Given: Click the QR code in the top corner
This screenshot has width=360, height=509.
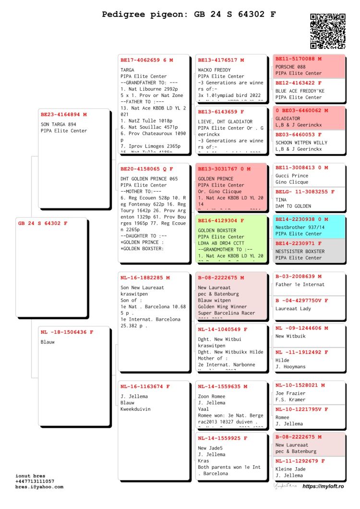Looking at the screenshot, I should coord(328,31).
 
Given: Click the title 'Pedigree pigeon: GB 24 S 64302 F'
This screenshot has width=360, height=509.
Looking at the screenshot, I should coord(189,14).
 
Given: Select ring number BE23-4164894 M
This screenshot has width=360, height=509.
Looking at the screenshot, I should coord(64,115).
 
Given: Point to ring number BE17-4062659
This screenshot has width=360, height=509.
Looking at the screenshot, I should coord(140,61).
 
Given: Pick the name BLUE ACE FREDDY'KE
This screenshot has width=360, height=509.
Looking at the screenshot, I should coord(300,91).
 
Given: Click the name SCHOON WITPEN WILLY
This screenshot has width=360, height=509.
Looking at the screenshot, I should coord(301,143).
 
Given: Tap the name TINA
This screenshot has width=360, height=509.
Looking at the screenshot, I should coord(281,200).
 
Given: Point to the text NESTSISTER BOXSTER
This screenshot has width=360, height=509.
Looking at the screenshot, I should coord(300,252).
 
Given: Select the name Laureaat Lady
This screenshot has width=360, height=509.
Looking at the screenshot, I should coord(293,309).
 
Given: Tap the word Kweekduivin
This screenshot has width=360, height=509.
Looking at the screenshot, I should coord(135,409).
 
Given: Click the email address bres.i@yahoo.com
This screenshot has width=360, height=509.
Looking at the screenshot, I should coord(39,487).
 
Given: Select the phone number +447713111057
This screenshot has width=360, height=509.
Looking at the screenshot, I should coord(35,481).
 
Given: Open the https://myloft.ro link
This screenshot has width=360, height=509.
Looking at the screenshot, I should coord(323,487).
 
